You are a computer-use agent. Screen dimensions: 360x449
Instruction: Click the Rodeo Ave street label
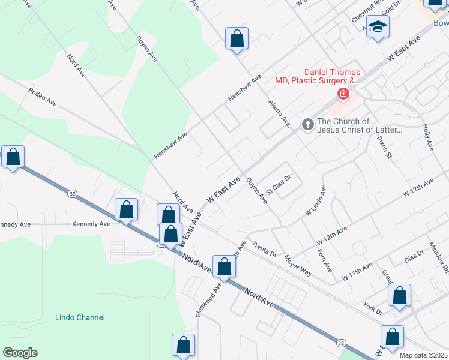(x=42, y=96)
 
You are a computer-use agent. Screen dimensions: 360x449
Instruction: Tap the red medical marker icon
(x=343, y=94)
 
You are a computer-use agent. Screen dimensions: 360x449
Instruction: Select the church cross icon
(x=307, y=124)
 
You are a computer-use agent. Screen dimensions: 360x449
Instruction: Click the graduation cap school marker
(x=378, y=26)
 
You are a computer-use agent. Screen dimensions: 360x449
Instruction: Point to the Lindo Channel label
(x=80, y=317)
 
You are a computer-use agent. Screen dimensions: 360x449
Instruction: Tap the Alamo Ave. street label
(x=280, y=113)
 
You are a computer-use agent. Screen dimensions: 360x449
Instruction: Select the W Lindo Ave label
(x=316, y=200)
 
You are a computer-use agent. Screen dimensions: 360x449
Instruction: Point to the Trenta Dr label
(x=264, y=250)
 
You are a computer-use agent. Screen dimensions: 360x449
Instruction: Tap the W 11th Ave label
(x=357, y=272)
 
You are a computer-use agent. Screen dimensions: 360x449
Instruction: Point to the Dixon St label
(x=384, y=147)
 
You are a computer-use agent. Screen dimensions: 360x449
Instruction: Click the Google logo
(x=20, y=352)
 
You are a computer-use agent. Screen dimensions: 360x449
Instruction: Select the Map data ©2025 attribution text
(x=423, y=355)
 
